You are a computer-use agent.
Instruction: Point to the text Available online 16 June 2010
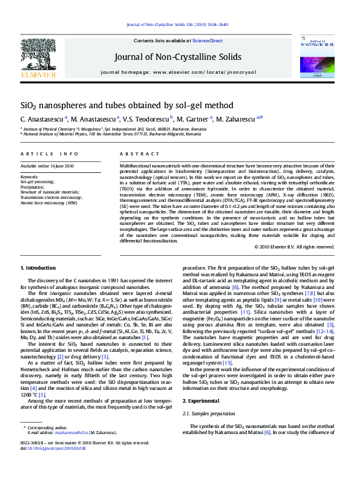[x=47, y=165]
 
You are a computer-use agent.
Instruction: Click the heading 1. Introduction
[x=40, y=267]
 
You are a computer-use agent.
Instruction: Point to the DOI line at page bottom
[x=53, y=448]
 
